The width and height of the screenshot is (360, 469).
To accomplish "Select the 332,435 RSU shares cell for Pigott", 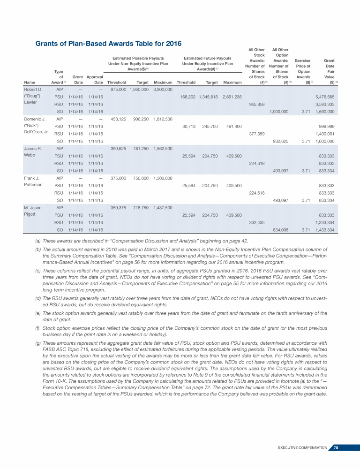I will [256, 222].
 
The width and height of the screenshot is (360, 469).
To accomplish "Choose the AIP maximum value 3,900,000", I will [163, 90].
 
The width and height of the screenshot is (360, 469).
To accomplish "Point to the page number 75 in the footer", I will [336, 448].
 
